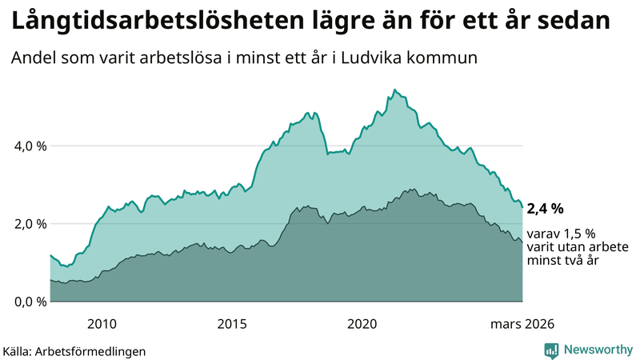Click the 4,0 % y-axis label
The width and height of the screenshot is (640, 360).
[30, 146]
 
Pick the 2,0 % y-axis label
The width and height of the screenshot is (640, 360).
[30, 224]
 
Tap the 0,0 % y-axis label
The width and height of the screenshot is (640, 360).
[30, 302]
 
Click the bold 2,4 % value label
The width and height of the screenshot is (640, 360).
[546, 209]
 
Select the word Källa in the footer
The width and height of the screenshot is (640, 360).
[16, 350]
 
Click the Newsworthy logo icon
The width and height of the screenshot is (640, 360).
[551, 350]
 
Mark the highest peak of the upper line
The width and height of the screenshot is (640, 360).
[394, 90]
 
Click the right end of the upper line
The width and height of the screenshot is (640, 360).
[522, 207]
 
